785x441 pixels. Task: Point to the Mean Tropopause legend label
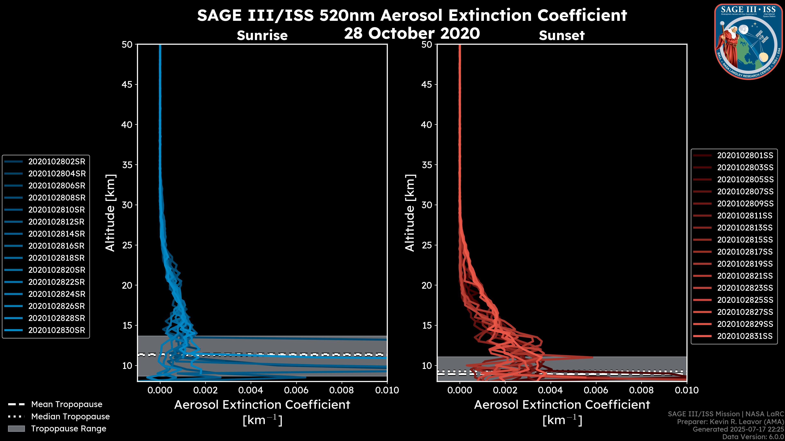click(x=67, y=404)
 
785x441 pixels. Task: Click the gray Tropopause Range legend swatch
click(x=16, y=429)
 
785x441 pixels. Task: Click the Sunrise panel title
click(x=262, y=35)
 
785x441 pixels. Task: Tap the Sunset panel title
click(x=562, y=35)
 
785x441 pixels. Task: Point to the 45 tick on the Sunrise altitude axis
click(x=127, y=85)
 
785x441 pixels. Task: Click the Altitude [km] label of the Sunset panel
click(x=410, y=213)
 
